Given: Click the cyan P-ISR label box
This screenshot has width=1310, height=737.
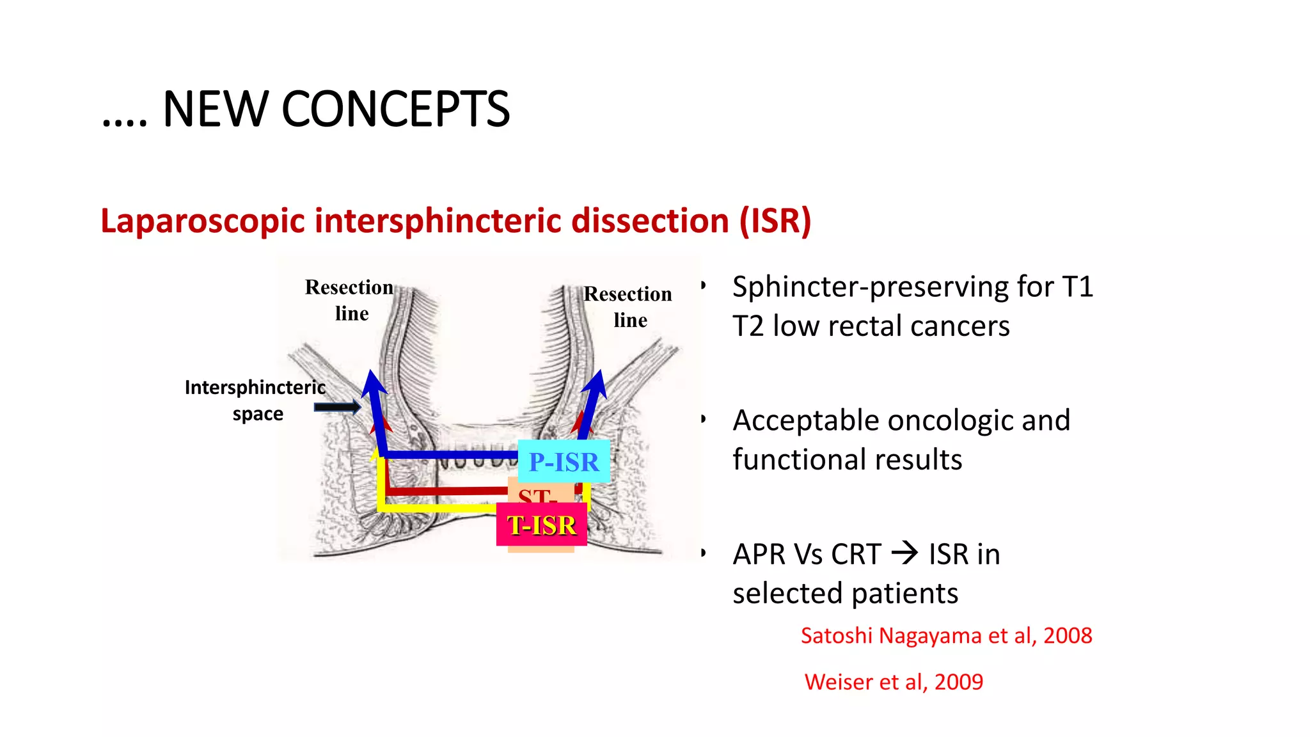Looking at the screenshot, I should [x=564, y=461].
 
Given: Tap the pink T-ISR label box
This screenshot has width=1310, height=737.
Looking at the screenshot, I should [x=541, y=525].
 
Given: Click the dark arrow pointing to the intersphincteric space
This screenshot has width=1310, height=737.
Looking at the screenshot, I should [x=337, y=407].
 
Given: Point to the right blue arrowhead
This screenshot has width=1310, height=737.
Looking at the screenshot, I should [x=596, y=384].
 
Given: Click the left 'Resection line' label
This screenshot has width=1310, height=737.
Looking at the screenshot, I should [x=349, y=300].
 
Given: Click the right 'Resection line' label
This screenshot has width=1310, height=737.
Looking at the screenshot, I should [x=628, y=306].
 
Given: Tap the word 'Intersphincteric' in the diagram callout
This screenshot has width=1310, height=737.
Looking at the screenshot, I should [x=255, y=388].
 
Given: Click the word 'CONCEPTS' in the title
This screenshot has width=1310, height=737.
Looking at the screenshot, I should [x=395, y=109].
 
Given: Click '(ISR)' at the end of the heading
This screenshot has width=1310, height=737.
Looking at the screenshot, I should [x=775, y=221].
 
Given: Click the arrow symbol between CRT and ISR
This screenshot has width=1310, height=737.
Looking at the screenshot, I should [x=904, y=553].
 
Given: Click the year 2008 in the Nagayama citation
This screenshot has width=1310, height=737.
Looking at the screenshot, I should [x=1068, y=636].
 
